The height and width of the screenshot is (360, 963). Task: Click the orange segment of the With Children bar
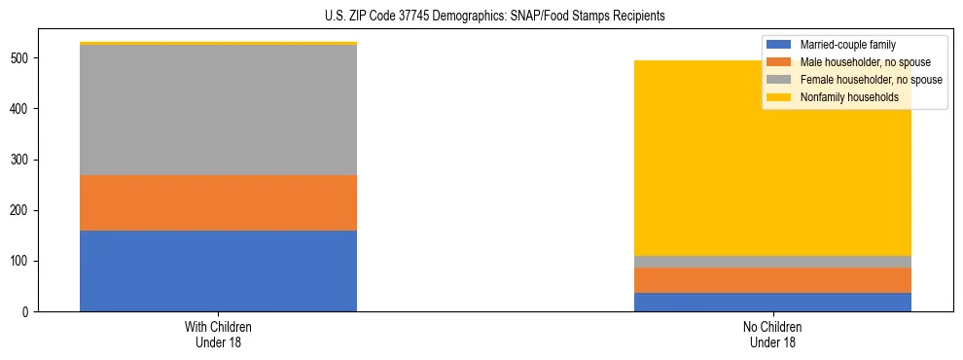click(x=218, y=202)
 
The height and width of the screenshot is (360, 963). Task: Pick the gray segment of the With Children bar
click(x=218, y=110)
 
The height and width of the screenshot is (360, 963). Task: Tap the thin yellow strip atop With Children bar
click(x=218, y=44)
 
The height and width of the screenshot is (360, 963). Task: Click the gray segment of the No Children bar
click(x=772, y=262)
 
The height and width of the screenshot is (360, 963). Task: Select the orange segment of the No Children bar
click(x=772, y=280)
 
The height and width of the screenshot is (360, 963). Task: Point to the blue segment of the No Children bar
click(x=772, y=302)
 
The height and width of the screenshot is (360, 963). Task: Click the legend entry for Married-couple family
click(x=847, y=45)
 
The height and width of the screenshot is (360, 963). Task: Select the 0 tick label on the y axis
click(x=29, y=312)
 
